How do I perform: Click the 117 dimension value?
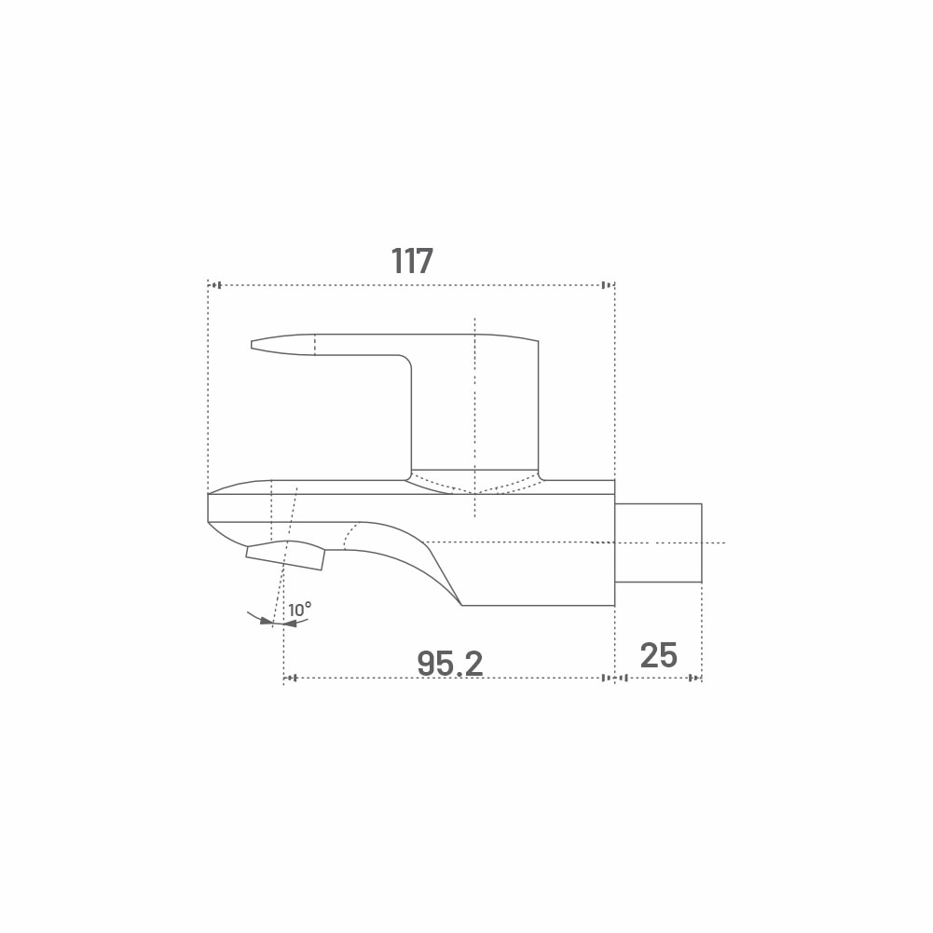point(412,261)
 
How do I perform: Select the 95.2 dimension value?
point(450,663)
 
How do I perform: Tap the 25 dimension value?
point(659,655)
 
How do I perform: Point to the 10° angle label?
point(300,610)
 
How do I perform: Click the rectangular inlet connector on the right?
point(658,542)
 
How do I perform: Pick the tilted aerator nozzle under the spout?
point(285,556)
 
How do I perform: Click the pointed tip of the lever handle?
point(252,345)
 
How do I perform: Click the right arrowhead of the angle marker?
point(290,624)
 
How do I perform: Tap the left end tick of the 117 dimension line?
point(216,285)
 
